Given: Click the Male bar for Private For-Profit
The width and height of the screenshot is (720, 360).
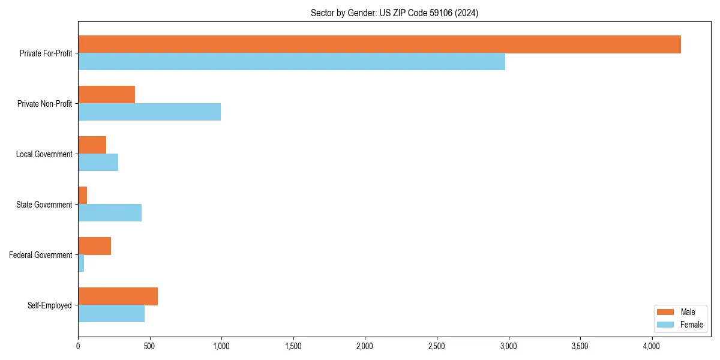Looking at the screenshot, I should (x=379, y=44).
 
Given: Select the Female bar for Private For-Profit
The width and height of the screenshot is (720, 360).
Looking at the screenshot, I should (x=292, y=62).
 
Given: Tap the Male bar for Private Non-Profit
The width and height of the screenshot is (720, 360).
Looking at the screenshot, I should (x=106, y=95).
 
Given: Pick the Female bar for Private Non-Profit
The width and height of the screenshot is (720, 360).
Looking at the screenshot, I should (x=149, y=112).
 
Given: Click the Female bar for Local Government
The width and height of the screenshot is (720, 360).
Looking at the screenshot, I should (x=98, y=163).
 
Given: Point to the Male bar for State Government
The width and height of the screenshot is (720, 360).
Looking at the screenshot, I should (x=83, y=196).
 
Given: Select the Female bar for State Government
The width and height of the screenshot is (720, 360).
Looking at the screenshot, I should (x=110, y=213).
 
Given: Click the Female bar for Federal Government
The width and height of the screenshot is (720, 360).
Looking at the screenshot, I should (x=81, y=263).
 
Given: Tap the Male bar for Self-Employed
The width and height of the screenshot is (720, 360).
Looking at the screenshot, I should (x=118, y=296).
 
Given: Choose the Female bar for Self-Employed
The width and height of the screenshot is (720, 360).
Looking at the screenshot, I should (x=111, y=314).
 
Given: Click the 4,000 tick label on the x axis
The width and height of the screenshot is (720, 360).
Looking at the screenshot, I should (x=652, y=346).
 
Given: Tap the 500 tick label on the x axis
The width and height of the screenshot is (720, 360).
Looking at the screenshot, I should (x=150, y=346).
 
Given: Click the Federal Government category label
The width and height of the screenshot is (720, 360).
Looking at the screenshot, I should (x=41, y=255).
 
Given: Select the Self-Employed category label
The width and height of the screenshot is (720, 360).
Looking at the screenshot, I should (x=50, y=305).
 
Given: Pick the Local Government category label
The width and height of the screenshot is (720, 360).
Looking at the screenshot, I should (x=44, y=154).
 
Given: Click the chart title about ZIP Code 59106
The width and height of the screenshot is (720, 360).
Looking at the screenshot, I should (x=394, y=13).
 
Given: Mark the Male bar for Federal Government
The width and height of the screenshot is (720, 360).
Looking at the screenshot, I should (x=94, y=246).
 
